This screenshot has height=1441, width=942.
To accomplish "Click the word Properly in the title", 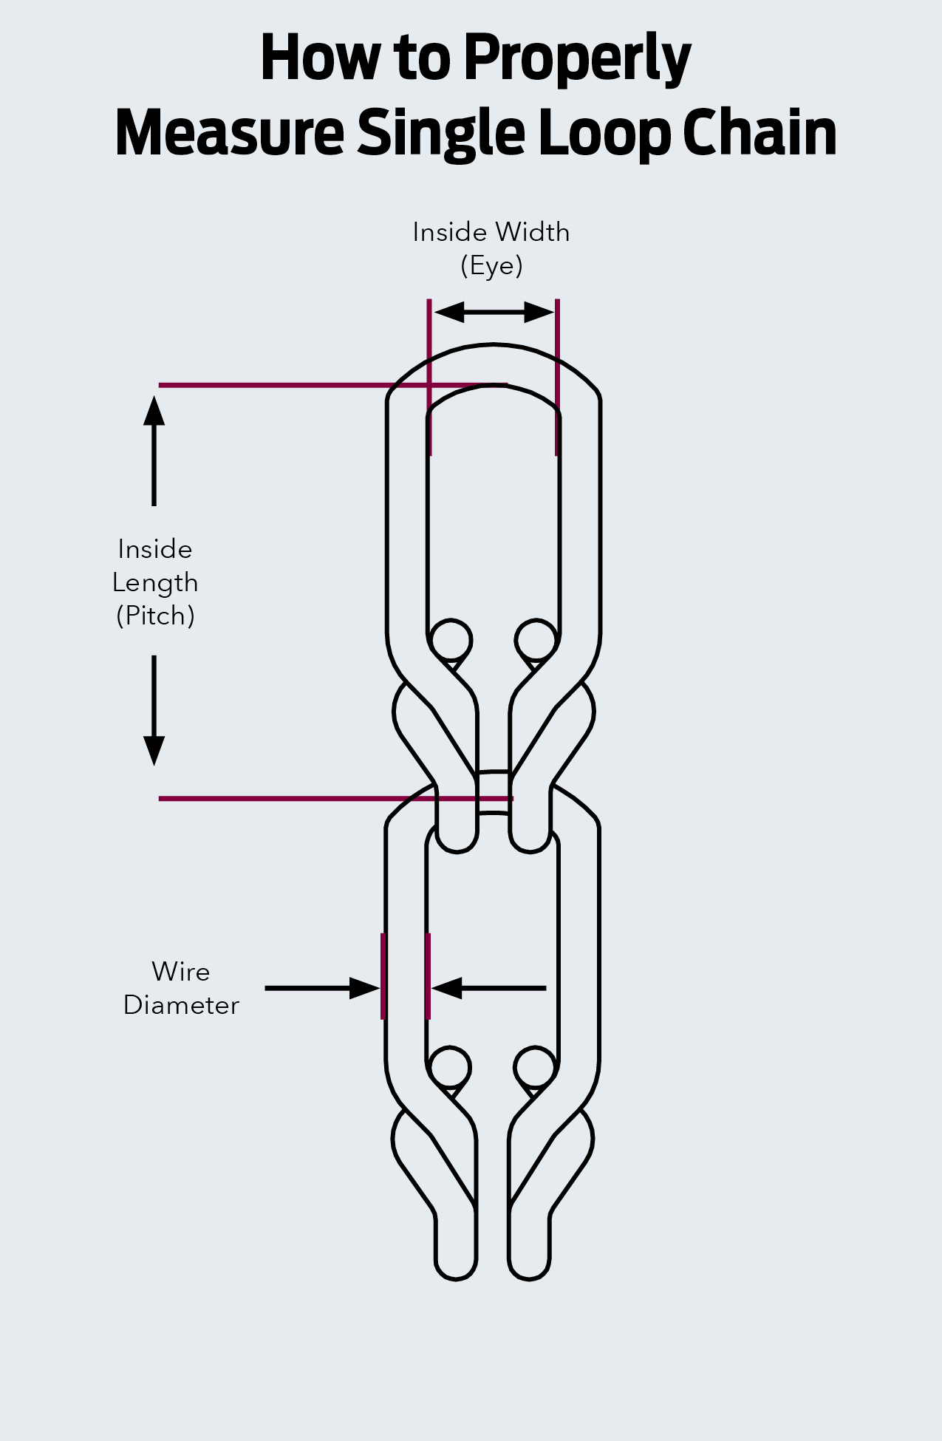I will [x=577, y=59].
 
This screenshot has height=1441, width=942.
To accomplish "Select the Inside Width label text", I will [x=491, y=232].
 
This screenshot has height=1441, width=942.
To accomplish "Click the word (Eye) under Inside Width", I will [x=491, y=265].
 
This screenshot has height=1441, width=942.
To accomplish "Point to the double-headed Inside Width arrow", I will [x=494, y=312].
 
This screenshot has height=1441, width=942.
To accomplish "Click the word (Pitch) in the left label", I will [x=155, y=616].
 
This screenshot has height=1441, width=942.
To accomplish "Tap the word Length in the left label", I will [x=155, y=583].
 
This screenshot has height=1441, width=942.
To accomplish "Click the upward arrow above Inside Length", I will [x=154, y=451].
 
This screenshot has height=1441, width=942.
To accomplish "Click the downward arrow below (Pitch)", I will [x=154, y=709].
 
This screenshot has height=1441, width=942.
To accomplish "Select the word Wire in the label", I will [x=181, y=972].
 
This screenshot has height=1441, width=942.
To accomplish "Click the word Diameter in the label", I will [x=181, y=1005].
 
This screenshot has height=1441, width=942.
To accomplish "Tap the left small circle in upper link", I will [x=451, y=640].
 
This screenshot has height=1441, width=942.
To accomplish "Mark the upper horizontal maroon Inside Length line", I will [x=296, y=385].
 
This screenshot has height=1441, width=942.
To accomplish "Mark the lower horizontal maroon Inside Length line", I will [x=296, y=799].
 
